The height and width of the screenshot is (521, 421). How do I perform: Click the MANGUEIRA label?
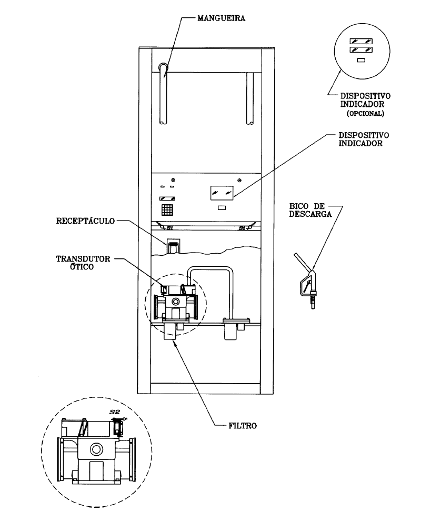(x=222, y=18)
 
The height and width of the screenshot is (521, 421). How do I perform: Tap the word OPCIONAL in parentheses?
(x=366, y=113)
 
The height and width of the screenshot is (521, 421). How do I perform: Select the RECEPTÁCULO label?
(x=85, y=221)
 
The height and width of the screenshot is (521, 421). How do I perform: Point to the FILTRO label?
(x=243, y=426)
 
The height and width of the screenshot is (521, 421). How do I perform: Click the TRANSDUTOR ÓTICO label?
(x=83, y=263)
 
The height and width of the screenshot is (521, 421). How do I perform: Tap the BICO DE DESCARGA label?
(x=310, y=211)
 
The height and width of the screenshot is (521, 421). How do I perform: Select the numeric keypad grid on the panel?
(x=167, y=209)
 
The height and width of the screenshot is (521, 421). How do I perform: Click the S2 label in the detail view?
(x=114, y=412)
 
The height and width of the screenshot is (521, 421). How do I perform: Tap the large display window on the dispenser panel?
(x=222, y=193)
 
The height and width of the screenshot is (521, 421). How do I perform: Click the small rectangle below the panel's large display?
(x=222, y=208)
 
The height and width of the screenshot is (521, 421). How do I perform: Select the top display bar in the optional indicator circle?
(x=361, y=41)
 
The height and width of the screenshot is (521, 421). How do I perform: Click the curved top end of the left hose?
(x=164, y=66)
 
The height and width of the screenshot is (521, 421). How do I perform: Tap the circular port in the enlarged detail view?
(x=96, y=450)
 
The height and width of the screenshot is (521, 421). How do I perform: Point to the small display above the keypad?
(x=167, y=199)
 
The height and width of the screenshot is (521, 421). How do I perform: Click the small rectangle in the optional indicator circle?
(x=361, y=60)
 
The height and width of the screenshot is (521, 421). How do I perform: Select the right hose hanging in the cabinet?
(x=250, y=98)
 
